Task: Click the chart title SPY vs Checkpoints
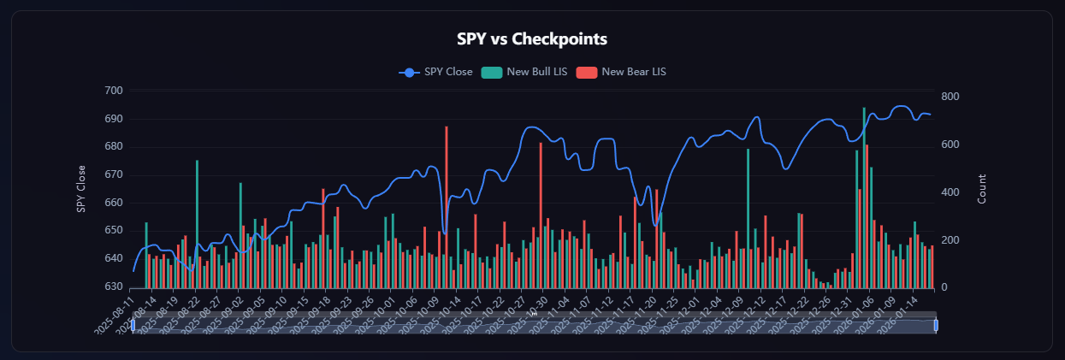[533, 38]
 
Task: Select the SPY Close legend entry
[448, 72]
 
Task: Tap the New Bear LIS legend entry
[634, 72]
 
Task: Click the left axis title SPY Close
[82, 188]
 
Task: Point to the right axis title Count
[983, 188]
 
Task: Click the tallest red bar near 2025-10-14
[447, 205]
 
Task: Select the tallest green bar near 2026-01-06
[864, 197]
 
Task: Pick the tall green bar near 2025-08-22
[197, 222]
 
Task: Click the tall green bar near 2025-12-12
[748, 218]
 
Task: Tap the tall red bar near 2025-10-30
[541, 214]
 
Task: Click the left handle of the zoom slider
[133, 325]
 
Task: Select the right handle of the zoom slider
[936, 325]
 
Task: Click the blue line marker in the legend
[409, 72]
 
